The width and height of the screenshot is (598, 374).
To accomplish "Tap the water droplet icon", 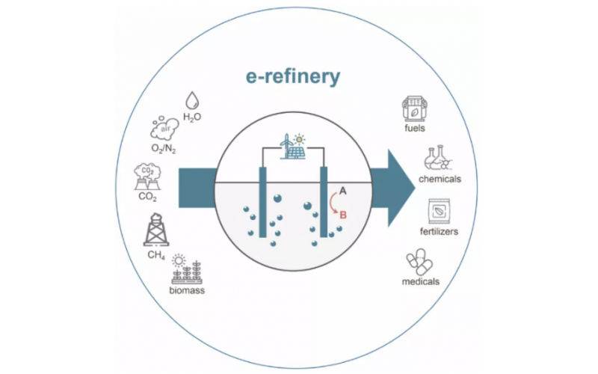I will coord(193,99).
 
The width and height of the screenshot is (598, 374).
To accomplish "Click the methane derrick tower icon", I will coord(157,230).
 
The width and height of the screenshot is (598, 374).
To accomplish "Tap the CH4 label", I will coord(156,256).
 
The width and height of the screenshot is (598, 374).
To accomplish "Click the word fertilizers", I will coord(438,231).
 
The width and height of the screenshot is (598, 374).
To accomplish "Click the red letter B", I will coord(343,215).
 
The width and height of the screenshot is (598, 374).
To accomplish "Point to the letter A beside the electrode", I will coord(343,191).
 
